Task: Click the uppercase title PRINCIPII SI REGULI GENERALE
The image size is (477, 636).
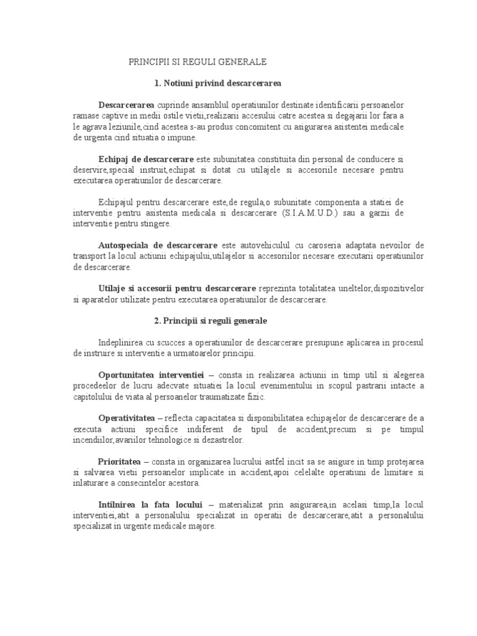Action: (x=197, y=62)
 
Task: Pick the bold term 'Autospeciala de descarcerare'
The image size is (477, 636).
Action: (x=158, y=245)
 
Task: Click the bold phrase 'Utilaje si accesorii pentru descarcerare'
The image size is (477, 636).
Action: (x=177, y=289)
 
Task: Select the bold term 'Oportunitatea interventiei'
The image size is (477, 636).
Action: (x=152, y=376)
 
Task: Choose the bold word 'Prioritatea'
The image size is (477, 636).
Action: (x=120, y=462)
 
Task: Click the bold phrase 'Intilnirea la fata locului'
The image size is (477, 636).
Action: (x=151, y=505)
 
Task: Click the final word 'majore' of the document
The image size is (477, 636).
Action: (x=201, y=526)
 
